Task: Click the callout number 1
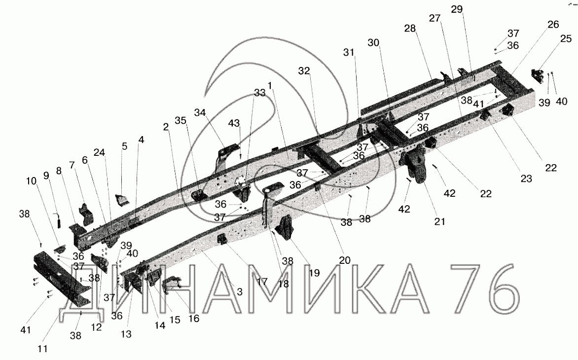point(270,85)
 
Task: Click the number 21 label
point(439,221)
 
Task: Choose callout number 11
point(43,349)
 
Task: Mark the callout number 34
point(200,113)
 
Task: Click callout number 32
point(304,71)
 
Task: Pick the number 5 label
point(124,146)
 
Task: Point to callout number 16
point(193,319)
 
